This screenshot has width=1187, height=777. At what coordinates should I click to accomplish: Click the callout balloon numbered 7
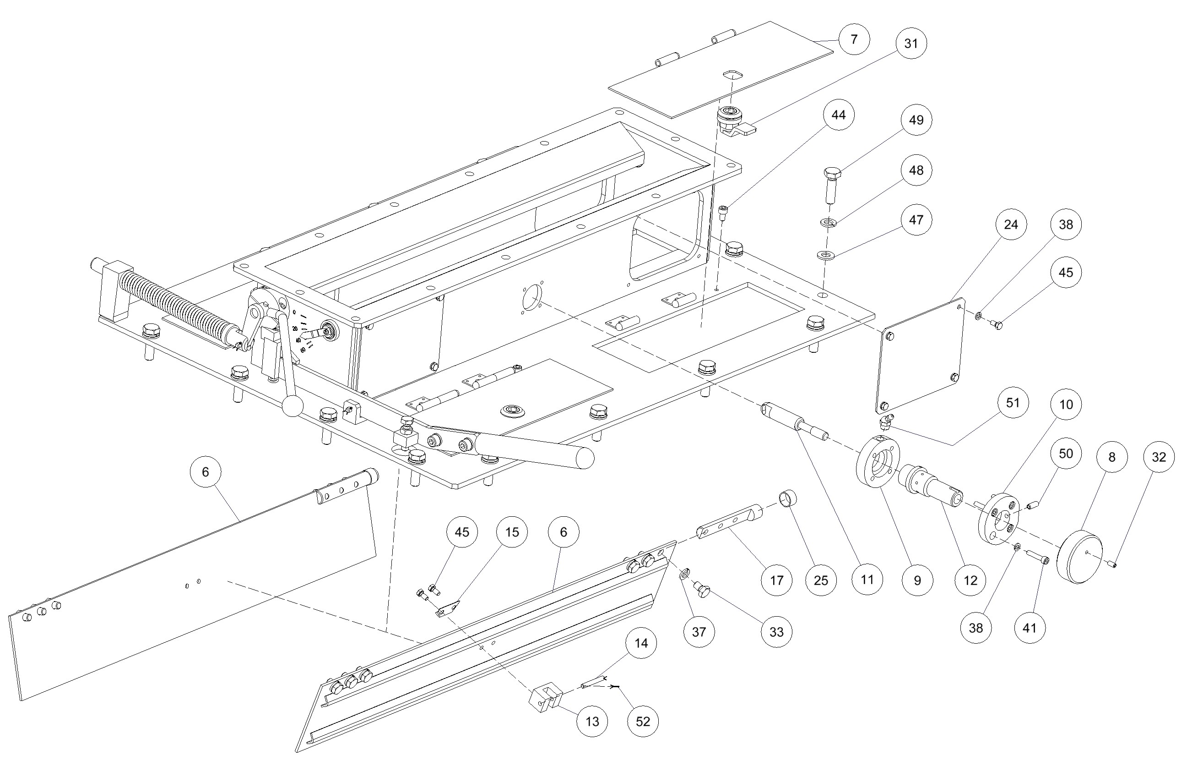click(x=854, y=39)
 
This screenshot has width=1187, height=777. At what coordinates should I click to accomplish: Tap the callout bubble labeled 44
click(x=838, y=115)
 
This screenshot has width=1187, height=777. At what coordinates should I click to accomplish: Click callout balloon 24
click(x=1011, y=224)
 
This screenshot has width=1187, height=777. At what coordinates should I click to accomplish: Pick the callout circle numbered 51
click(x=1013, y=402)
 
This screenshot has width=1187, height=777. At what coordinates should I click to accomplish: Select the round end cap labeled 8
click(x=1079, y=558)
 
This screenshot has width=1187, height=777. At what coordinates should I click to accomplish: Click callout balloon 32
click(x=1159, y=457)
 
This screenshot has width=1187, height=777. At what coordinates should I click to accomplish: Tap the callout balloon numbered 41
click(x=1030, y=627)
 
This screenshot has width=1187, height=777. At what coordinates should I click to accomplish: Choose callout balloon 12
click(x=970, y=580)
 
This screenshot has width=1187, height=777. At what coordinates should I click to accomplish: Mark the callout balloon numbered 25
click(x=821, y=580)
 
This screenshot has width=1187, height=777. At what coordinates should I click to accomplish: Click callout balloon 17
click(x=776, y=580)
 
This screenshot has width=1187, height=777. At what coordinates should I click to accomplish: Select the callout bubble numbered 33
click(x=776, y=632)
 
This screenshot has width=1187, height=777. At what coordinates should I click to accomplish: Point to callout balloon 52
click(x=643, y=722)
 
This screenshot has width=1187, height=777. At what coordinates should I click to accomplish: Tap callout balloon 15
click(x=512, y=532)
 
